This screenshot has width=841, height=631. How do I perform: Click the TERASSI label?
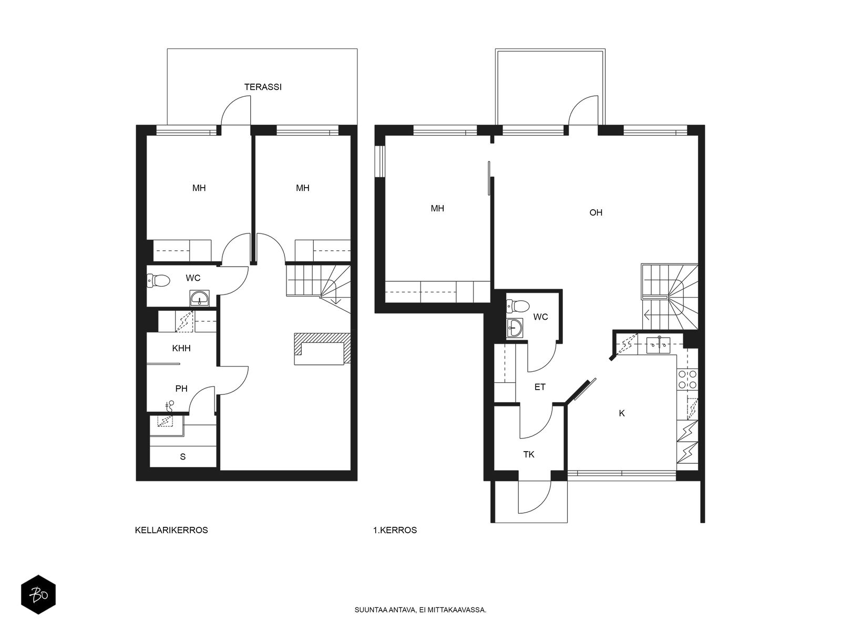[263, 87]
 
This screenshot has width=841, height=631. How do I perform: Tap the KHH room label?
[181, 348]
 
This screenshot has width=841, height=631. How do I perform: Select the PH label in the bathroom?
[181, 389]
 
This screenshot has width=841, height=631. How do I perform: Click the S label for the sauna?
[183, 456]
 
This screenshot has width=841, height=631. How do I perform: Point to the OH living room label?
[596, 212]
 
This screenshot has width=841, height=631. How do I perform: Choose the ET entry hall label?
[540, 387]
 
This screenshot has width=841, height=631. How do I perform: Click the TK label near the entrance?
[529, 454]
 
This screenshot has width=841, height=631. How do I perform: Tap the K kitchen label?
[622, 413]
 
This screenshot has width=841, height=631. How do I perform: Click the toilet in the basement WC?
[158, 281]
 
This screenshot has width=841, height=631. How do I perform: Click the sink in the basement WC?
[200, 298]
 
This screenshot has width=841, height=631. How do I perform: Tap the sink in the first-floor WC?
[515, 328]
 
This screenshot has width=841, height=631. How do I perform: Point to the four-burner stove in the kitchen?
[688, 379]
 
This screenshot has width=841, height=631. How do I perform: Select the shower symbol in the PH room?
[169, 405]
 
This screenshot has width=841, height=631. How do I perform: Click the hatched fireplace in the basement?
[322, 348]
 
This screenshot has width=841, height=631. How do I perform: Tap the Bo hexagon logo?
[38, 595]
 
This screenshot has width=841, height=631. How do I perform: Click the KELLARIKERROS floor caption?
[171, 530]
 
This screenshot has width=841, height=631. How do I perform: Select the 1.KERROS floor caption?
[395, 530]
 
